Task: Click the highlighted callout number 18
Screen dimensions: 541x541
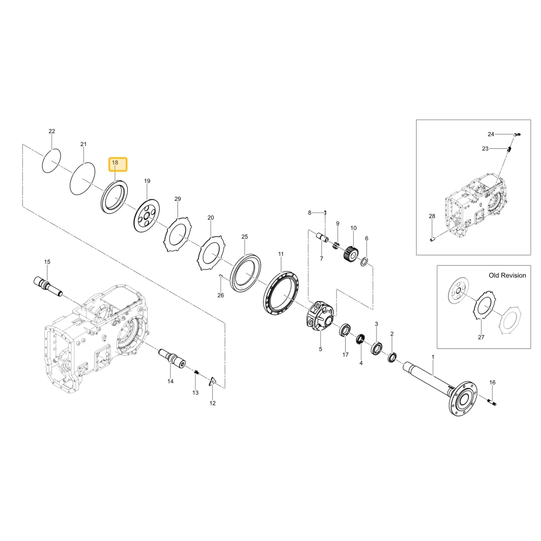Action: pos(115,162)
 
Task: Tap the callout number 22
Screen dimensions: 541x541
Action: pos(52,131)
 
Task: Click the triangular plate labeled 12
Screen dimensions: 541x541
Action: pos(213,381)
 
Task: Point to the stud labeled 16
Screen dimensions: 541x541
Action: pos(492,401)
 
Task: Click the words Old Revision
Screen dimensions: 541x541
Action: pos(507,275)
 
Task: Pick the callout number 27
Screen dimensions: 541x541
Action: pos(481,337)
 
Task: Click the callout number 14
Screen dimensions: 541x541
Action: pos(170,381)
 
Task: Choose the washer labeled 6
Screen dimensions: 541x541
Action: pos(364,262)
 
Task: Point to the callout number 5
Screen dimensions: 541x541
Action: pos(320,349)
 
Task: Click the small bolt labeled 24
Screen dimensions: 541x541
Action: pos(517,135)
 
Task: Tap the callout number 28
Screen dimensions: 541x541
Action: pos(432,216)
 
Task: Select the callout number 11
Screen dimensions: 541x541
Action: pos(281,254)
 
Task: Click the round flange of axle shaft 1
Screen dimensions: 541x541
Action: pos(464,399)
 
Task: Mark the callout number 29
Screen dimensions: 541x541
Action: pos(177,199)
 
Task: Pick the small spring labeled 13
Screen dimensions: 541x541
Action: pos(196,372)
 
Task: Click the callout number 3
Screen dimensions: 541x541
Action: pos(377,324)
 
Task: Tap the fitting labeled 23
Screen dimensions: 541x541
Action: pos(509,149)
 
